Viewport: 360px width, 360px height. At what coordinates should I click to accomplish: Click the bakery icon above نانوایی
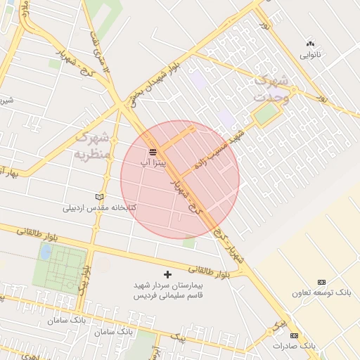310,44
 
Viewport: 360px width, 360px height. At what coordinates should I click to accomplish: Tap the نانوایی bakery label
310,54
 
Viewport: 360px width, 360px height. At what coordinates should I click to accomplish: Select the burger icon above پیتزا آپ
153,153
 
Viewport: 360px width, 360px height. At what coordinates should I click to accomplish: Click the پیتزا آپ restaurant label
153,163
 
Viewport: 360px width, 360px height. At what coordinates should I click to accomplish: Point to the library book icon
99,198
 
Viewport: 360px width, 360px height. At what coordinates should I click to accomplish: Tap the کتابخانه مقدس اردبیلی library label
99,208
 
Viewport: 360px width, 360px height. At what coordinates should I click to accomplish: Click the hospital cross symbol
167,274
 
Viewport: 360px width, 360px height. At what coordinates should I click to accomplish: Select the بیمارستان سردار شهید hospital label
167,285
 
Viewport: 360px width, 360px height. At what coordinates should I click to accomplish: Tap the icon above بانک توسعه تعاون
322,281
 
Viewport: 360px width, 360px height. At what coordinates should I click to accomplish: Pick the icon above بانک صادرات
294,335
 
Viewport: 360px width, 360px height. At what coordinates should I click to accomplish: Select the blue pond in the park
45,252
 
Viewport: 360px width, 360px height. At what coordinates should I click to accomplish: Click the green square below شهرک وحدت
265,116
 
